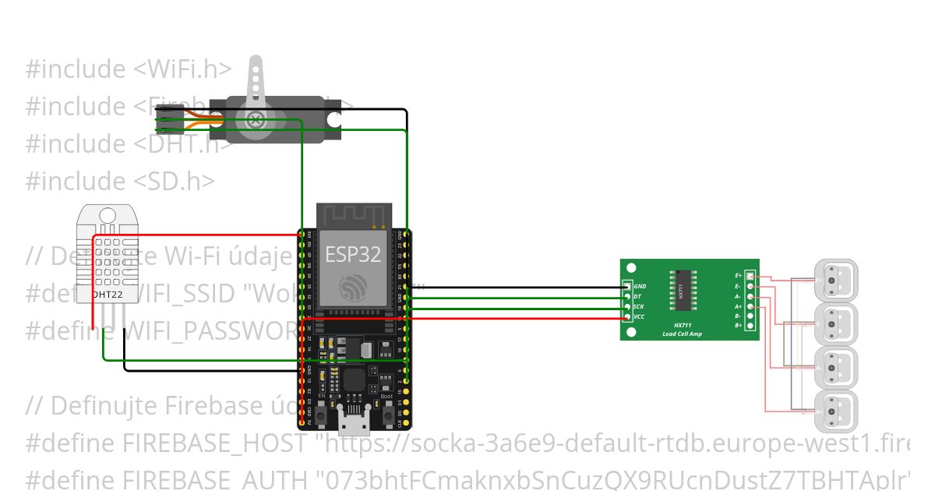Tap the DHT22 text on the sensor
click(x=108, y=295)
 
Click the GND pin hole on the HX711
click(x=628, y=287)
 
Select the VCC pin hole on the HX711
click(x=628, y=316)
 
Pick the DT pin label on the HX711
click(x=637, y=296)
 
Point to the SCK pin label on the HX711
click(x=638, y=306)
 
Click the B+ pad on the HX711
click(x=750, y=325)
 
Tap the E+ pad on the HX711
click(x=750, y=276)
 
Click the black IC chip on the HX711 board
click(x=680, y=291)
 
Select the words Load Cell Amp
click(x=682, y=334)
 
